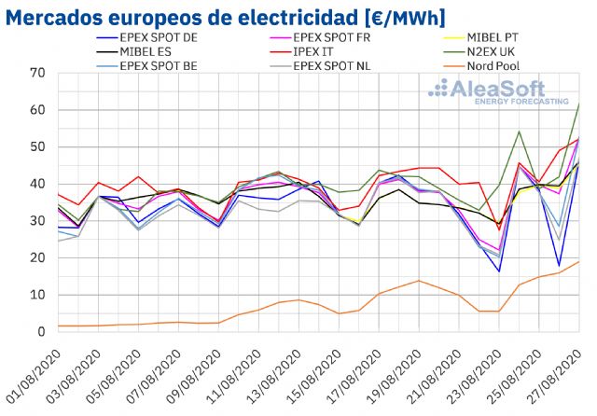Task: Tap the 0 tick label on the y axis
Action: coord(42,331)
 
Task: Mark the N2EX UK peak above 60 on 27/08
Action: coord(579,104)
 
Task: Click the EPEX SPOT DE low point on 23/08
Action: coord(499,271)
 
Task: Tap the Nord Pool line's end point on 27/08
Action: coord(579,261)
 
